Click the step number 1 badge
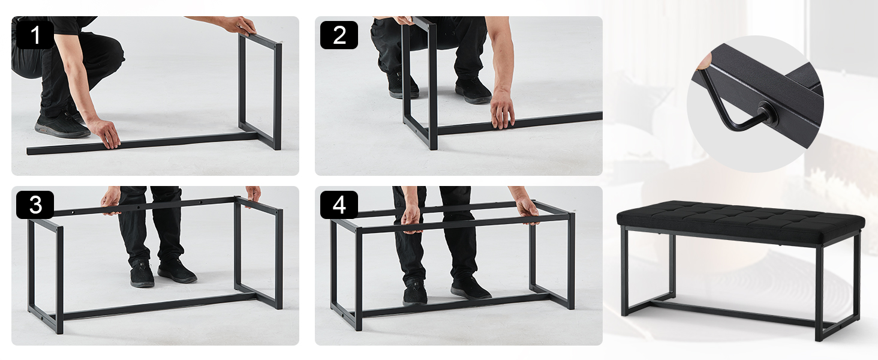click(35, 35)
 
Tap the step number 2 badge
click(339, 35)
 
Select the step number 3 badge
click(35, 205)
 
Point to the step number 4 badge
click(339, 205)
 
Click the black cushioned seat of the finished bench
click(741, 221)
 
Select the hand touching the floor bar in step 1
click(105, 133)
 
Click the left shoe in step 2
click(401, 86)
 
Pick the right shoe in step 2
click(473, 91)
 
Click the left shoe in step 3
click(142, 274)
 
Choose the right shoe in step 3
click(176, 271)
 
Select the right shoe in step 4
click(470, 287)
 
